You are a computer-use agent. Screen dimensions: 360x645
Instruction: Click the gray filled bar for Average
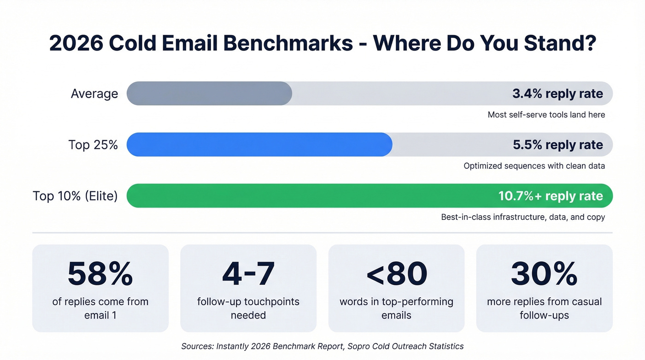point(209,94)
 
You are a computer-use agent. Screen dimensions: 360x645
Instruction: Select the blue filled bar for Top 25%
point(259,145)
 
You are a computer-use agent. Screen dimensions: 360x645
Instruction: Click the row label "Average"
point(94,94)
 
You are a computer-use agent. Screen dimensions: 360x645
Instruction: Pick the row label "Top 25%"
point(93,145)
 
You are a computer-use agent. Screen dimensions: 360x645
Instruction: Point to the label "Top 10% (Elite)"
point(75,196)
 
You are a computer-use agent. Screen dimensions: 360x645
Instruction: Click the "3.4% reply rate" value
point(557,94)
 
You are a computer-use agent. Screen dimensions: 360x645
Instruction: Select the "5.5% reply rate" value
point(557,145)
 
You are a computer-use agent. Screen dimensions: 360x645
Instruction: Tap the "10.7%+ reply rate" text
point(551,196)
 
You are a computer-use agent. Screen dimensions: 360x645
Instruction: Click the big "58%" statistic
point(100,274)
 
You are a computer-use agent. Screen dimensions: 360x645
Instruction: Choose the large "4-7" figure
point(248,274)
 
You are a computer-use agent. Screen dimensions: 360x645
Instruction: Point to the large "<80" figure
point(396,274)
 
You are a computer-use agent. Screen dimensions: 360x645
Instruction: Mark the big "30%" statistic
point(544,274)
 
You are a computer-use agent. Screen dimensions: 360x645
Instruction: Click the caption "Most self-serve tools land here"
point(546,115)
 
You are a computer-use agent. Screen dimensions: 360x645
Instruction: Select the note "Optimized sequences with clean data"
point(534,166)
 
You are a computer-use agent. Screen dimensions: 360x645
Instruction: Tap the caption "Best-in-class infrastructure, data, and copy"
point(523,217)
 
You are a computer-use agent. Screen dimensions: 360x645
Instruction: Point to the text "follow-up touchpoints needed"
point(248,308)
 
